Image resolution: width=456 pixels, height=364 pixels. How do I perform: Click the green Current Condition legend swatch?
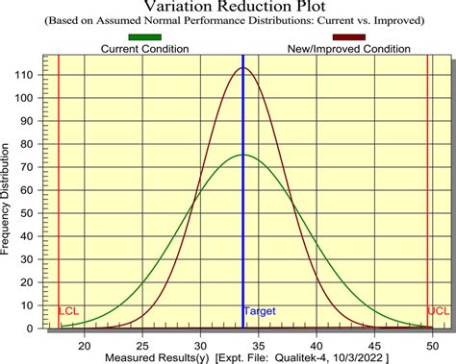(x=144, y=37)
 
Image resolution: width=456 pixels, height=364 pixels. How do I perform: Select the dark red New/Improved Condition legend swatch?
(x=348, y=37)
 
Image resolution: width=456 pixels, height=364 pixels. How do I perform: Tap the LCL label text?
(x=69, y=312)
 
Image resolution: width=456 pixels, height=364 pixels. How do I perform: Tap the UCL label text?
(x=438, y=312)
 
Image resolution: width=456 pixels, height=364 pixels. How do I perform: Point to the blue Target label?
(x=260, y=312)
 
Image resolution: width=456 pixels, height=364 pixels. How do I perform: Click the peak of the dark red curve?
(x=242, y=68)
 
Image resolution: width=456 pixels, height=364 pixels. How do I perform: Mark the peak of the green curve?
(x=242, y=156)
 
